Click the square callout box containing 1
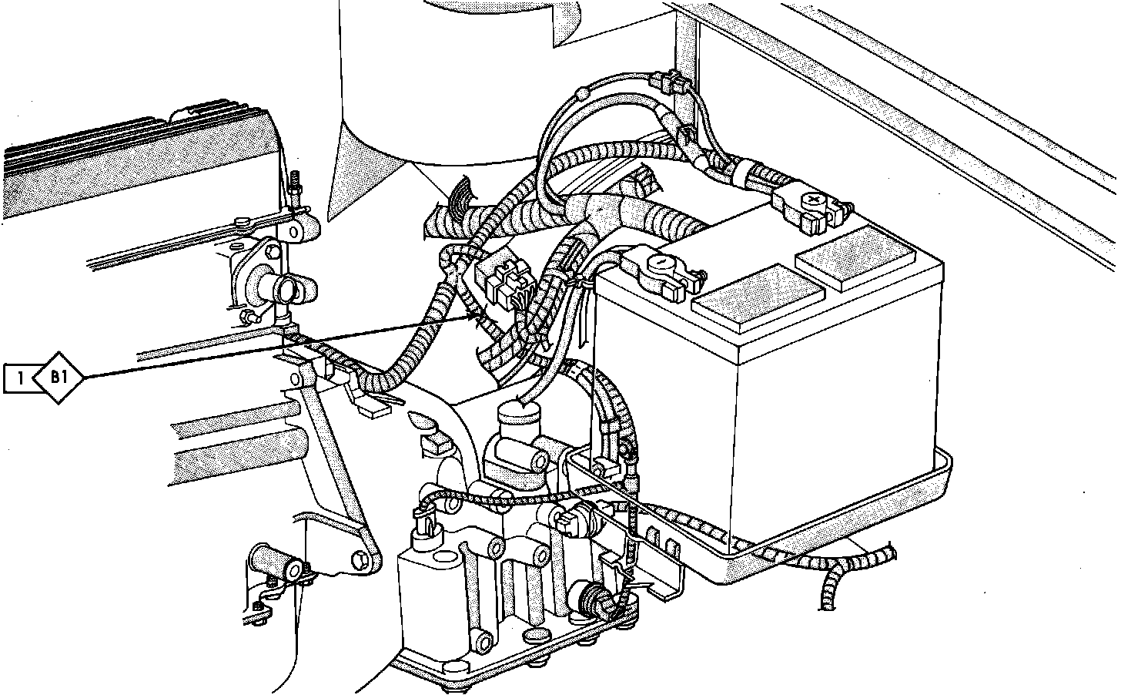coord(19,378)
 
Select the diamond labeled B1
coord(59,378)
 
